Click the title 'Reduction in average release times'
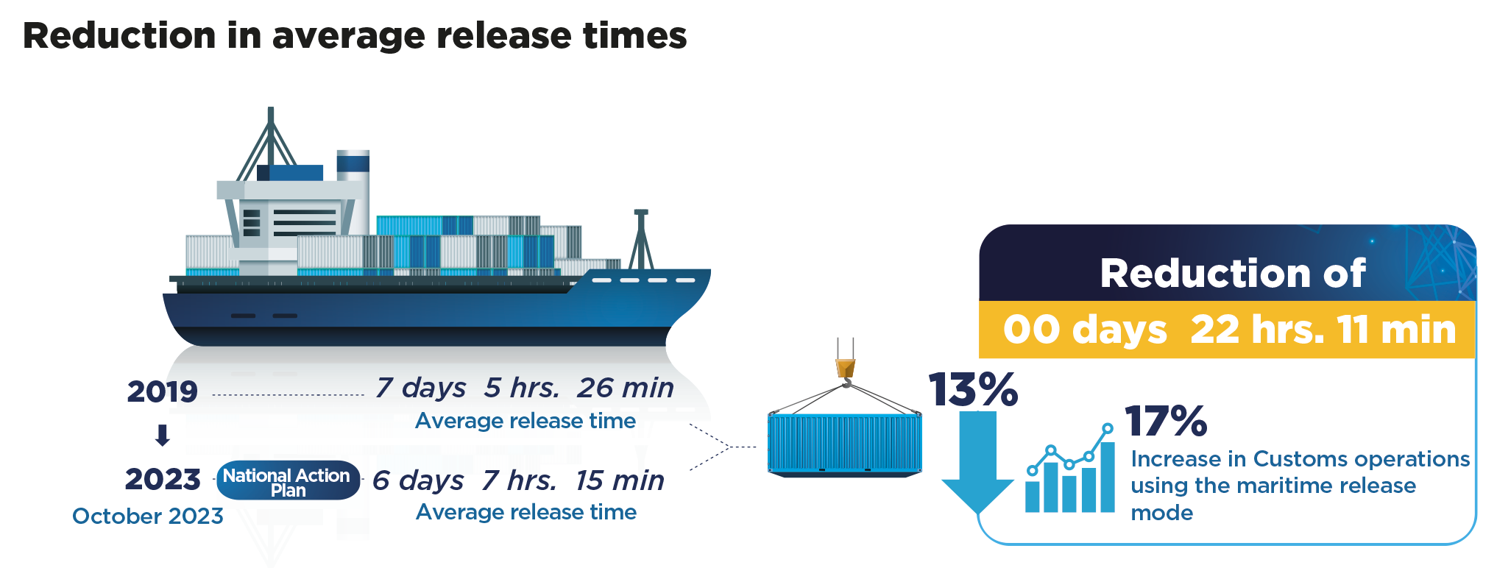pyautogui.click(x=355, y=36)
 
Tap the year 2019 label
pyautogui.click(x=162, y=391)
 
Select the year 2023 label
pyautogui.click(x=163, y=480)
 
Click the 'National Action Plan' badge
pyautogui.click(x=287, y=482)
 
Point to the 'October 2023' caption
pyautogui.click(x=148, y=516)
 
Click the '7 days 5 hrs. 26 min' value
pyautogui.click(x=525, y=388)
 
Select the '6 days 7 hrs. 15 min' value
pyautogui.click(x=518, y=480)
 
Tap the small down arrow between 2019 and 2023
pyautogui.click(x=163, y=436)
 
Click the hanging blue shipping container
pyautogui.click(x=844, y=444)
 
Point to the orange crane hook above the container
pyautogui.click(x=846, y=367)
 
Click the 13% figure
pyautogui.click(x=972, y=389)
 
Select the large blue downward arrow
pyautogui.click(x=977, y=467)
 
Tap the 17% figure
pyautogui.click(x=1166, y=422)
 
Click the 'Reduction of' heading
pyautogui.click(x=1233, y=274)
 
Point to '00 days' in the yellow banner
pyautogui.click(x=1085, y=330)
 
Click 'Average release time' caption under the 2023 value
pyautogui.click(x=526, y=512)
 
